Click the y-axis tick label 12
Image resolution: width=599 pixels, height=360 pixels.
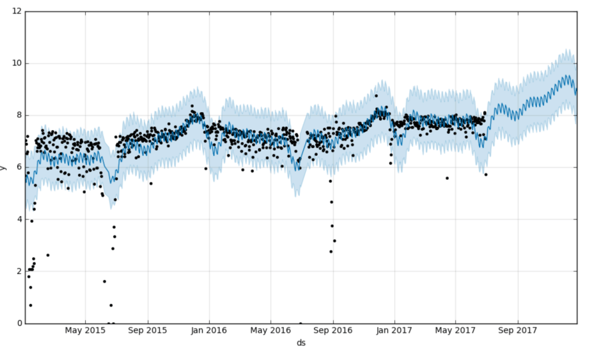16,11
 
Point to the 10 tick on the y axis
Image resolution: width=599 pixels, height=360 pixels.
16,63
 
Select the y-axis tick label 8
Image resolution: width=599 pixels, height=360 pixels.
18,115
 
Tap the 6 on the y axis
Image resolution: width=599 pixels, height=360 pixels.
18,167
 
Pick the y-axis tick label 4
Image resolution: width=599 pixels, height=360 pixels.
18,219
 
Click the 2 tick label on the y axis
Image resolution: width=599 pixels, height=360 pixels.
18,271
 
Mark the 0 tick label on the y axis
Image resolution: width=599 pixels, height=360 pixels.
18,323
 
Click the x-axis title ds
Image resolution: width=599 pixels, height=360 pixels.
301,343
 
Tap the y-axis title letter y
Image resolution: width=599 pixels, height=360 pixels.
3,167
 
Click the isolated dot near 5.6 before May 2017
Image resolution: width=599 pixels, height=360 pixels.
447,178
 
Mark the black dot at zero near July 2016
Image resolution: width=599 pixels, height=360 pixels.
300,323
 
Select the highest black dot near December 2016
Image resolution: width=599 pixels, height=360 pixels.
376,95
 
